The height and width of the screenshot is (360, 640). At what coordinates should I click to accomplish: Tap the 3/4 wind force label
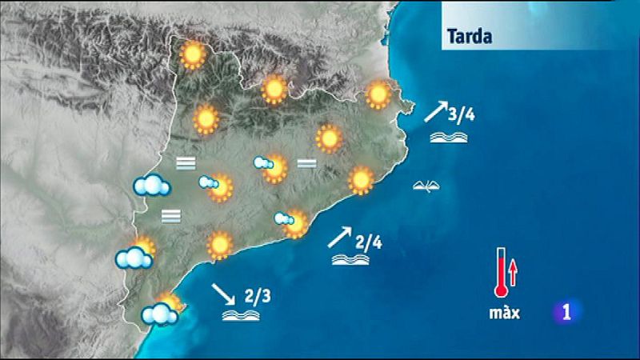click(462, 114)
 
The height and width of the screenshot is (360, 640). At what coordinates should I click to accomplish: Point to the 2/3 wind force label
click(257, 296)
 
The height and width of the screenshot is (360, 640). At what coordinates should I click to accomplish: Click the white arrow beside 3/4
click(434, 110)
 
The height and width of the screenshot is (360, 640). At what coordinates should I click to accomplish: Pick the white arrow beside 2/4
click(339, 236)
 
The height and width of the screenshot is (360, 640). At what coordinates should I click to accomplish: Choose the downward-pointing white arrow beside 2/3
click(222, 294)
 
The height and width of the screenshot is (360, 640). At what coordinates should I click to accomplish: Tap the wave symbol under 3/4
click(446, 137)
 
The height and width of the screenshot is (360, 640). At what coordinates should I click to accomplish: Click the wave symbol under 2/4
click(350, 260)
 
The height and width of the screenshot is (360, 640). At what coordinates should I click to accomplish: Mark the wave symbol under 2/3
click(241, 316)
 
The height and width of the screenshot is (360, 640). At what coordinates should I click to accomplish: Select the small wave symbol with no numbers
click(426, 186)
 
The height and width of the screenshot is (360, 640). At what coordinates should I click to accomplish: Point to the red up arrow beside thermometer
click(514, 273)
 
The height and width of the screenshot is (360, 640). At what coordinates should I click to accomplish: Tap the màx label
click(505, 313)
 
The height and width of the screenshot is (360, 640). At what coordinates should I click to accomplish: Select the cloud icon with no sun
click(151, 186)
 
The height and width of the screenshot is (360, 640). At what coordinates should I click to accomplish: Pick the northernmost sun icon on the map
click(192, 54)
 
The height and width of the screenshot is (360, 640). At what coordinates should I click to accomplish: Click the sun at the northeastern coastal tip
click(378, 95)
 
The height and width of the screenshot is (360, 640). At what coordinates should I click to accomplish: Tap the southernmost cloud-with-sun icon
click(162, 310)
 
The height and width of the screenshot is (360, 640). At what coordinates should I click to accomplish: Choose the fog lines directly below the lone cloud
click(170, 215)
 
